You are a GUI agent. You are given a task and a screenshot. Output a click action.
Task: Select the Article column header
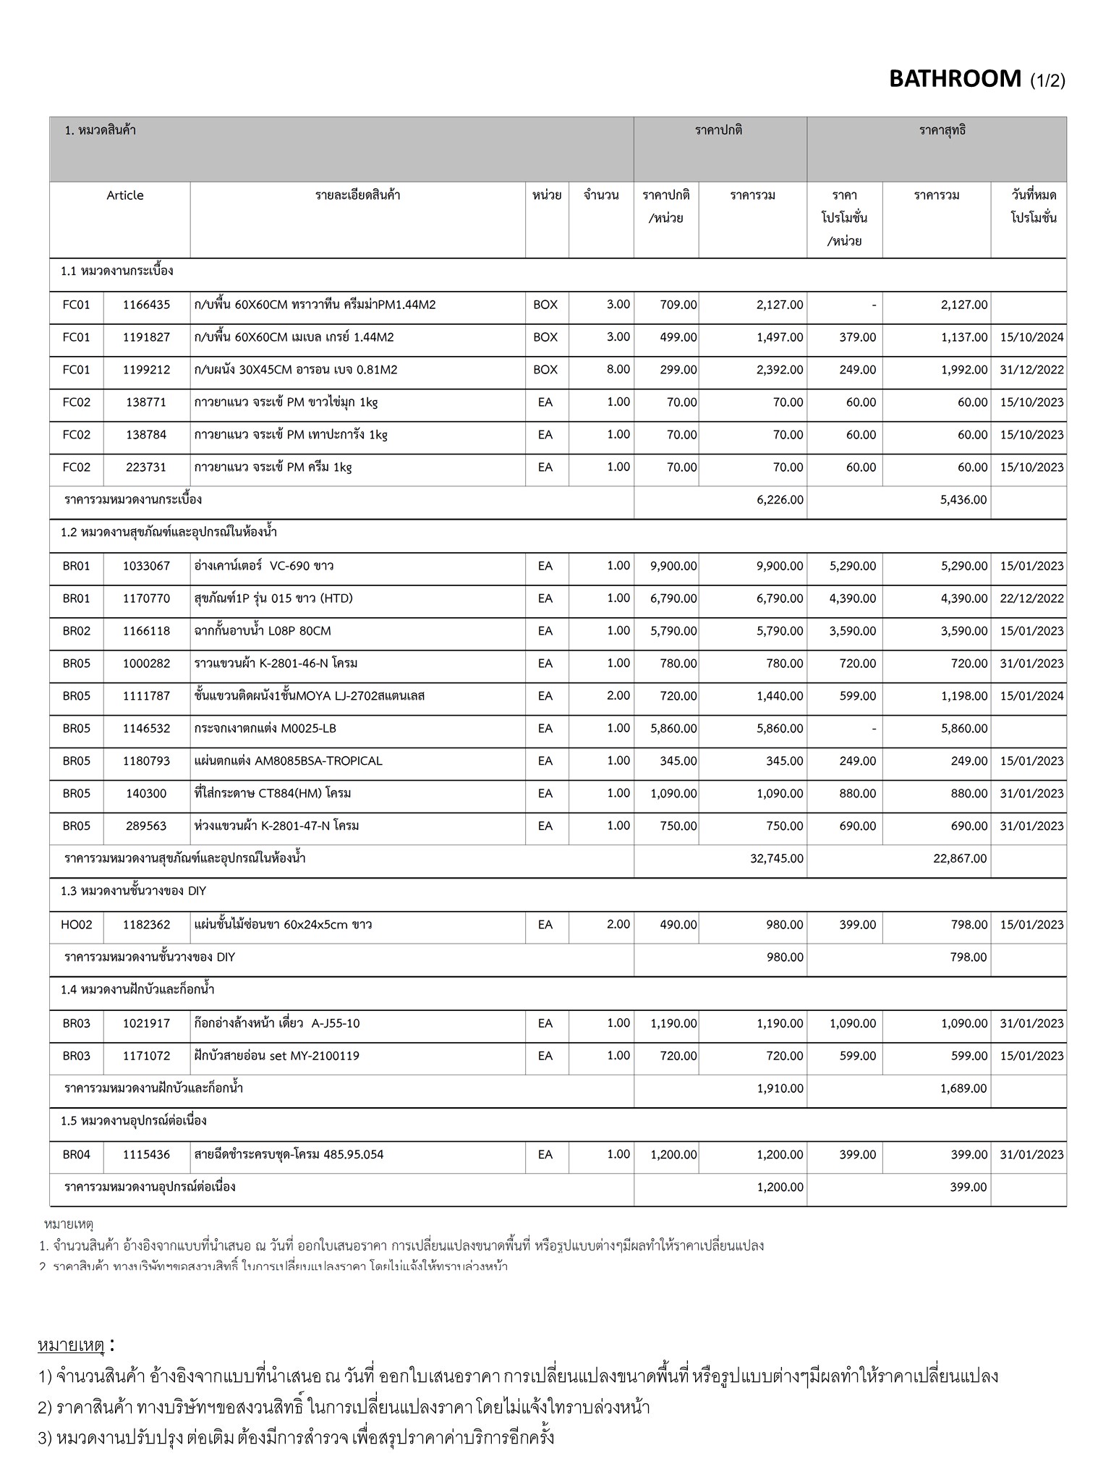(124, 195)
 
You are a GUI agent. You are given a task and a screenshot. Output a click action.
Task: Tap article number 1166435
(146, 305)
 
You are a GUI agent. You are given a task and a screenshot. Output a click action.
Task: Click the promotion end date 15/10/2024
(1031, 337)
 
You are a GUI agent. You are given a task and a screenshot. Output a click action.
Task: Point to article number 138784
(146, 435)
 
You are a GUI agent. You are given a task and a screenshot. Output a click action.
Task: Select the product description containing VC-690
(264, 566)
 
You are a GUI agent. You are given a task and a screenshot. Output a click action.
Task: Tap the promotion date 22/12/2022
(1031, 598)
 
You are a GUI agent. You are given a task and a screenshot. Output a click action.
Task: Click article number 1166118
(146, 631)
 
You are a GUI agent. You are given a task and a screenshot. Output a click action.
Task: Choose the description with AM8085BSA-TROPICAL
(288, 761)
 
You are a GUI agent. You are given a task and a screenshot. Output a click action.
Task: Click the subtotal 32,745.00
(776, 859)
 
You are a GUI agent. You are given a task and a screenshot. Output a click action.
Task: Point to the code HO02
(76, 925)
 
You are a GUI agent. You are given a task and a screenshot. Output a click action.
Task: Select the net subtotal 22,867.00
(960, 859)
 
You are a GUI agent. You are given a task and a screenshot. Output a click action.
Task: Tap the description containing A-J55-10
(276, 1023)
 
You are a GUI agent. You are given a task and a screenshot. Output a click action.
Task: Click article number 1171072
(146, 1056)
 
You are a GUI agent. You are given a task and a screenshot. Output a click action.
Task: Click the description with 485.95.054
(289, 1154)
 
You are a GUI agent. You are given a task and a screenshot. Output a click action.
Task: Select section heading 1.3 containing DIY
(133, 891)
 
